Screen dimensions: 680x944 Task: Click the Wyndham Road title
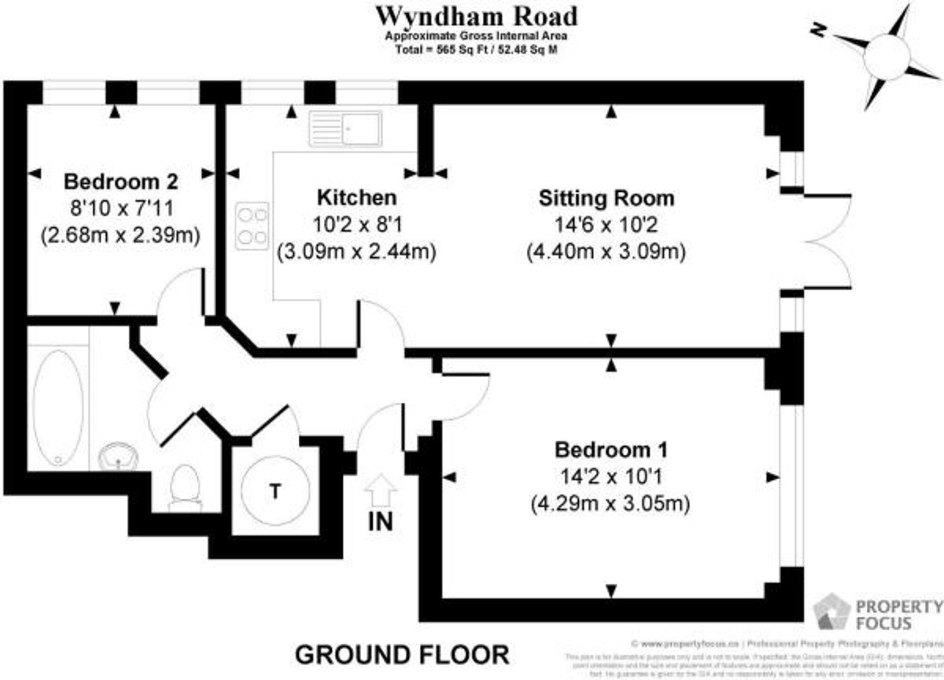coord(476,17)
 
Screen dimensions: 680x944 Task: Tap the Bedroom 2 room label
coord(121,182)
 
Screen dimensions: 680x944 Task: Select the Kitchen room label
coord(356,197)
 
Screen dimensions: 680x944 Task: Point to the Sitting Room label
coord(607,198)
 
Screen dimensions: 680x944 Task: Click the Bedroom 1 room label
coord(611,450)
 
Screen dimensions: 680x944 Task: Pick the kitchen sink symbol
coord(346,128)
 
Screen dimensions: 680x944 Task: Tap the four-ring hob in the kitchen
coord(252,226)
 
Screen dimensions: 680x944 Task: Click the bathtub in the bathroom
coord(58,407)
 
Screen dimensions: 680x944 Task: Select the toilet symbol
coord(185,486)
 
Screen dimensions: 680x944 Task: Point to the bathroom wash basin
coord(118,456)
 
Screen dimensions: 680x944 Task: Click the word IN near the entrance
coord(380,522)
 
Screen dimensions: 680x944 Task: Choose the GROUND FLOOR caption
coord(402,655)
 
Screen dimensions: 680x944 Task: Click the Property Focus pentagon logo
coord(832,612)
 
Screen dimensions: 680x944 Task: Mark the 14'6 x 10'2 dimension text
coord(606,225)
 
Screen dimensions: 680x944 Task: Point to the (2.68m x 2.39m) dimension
coord(121,235)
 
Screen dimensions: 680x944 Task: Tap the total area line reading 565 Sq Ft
coord(476,50)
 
